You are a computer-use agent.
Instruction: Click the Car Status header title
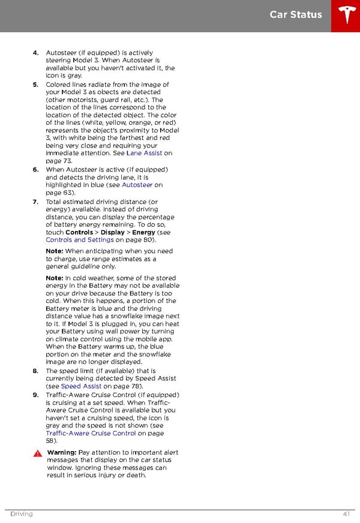coord(296,14)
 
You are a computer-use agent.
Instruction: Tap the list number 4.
coord(36,53)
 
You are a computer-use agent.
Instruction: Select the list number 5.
coord(36,85)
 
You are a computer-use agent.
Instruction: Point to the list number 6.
coord(36,170)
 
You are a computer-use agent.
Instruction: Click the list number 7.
coord(36,202)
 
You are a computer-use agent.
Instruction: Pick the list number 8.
coord(36,371)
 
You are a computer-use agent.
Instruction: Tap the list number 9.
coord(36,395)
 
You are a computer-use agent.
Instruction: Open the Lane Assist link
coord(145,154)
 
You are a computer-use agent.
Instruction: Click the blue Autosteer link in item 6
coord(137,185)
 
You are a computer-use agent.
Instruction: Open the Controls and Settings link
coord(80,240)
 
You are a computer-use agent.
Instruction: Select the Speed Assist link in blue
coord(81,387)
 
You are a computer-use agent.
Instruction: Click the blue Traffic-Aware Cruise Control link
coord(91,433)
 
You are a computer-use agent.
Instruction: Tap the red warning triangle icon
coord(37,453)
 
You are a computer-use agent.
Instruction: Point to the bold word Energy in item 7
coord(143,232)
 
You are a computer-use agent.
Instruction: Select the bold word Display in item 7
coord(113,232)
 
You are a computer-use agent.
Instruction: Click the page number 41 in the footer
coord(347,514)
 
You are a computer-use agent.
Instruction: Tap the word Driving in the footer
coord(21,514)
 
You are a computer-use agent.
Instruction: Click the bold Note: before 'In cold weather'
coord(55,278)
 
